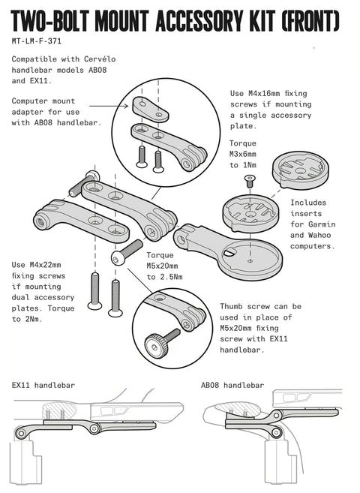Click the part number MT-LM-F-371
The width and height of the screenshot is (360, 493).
pyautogui.click(x=36, y=41)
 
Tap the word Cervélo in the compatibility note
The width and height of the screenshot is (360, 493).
pyautogui.click(x=100, y=59)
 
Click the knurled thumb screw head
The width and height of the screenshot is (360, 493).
pyautogui.click(x=157, y=345)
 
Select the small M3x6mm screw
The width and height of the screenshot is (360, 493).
pyautogui.click(x=250, y=181)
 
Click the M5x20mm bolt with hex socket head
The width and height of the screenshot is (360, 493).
pyautogui.click(x=127, y=252)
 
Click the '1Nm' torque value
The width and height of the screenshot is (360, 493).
pyautogui.click(x=250, y=165)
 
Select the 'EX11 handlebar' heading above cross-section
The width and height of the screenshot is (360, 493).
pyautogui.click(x=43, y=385)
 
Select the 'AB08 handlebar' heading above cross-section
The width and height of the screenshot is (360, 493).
pyautogui.click(x=232, y=385)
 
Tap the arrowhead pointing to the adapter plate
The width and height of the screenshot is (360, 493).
pyautogui.click(x=126, y=106)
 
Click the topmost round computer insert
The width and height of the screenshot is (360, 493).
pyautogui.click(x=300, y=170)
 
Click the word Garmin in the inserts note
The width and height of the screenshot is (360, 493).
pyautogui.click(x=322, y=224)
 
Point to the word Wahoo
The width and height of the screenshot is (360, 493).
pyautogui.click(x=319, y=235)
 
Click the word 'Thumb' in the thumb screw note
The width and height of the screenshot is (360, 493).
pyautogui.click(x=231, y=307)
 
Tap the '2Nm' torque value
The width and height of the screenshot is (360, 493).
pyautogui.click(x=34, y=319)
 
